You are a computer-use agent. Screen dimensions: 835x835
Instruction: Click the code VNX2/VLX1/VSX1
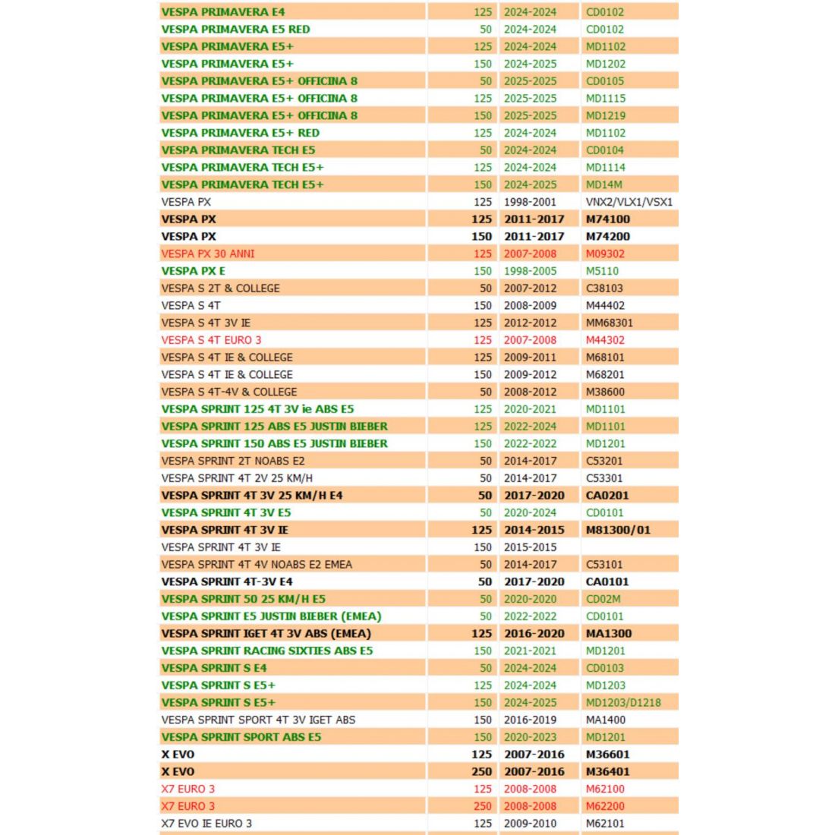coord(629,202)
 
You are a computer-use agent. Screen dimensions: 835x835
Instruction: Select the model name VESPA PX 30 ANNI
coord(208,254)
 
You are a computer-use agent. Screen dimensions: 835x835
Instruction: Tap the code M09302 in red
coord(605,254)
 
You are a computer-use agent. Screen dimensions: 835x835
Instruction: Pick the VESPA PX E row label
coord(193,271)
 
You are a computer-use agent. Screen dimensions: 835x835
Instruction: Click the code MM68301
coord(609,323)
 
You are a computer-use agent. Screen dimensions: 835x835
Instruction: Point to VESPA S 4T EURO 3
coord(211,340)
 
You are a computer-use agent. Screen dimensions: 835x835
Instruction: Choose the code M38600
coord(605,392)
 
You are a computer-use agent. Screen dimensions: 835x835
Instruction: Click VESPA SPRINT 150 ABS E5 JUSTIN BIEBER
coord(274,443)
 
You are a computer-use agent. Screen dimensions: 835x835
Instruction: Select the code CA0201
coord(607,495)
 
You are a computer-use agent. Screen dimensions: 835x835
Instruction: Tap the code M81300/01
coord(618,530)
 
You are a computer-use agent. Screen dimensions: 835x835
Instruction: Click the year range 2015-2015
coord(530,547)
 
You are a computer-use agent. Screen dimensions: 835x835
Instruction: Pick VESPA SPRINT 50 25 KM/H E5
coord(243,599)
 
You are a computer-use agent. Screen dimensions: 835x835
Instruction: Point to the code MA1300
coord(608,633)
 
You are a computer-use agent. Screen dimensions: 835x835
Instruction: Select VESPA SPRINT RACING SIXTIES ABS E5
coord(266,651)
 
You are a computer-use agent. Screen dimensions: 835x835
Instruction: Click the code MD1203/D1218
coord(623,702)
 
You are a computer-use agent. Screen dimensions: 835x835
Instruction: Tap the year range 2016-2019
coord(530,720)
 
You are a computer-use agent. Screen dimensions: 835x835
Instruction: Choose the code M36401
coord(607,771)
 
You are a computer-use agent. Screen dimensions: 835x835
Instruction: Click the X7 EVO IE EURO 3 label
coord(206,823)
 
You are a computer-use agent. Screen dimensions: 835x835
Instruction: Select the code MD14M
coord(603,184)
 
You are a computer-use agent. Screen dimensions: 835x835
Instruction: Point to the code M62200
coord(605,806)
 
